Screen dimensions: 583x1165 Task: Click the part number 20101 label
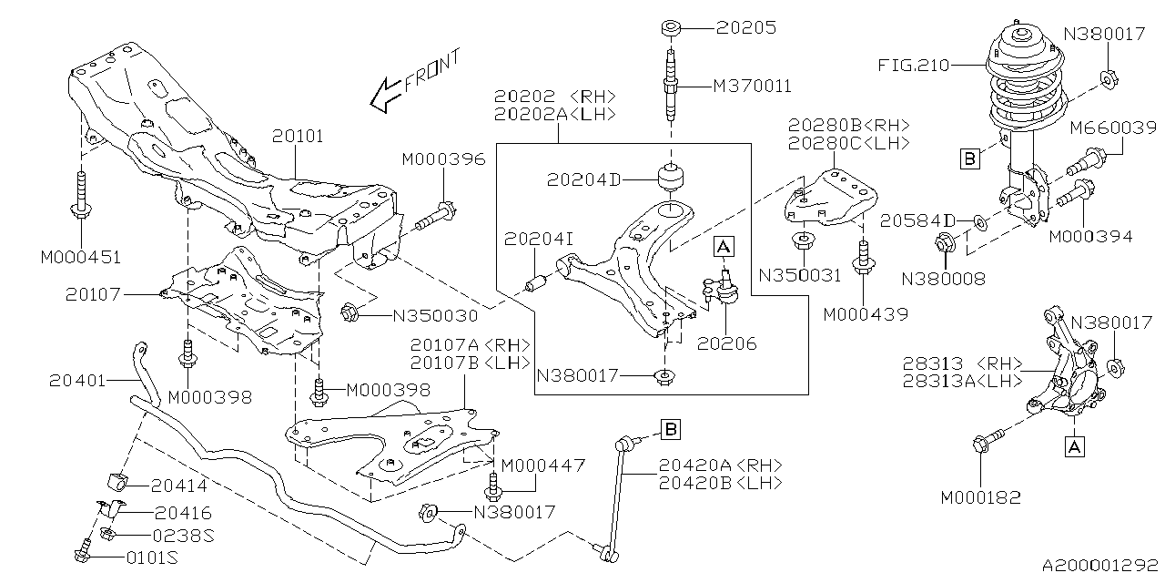(x=298, y=137)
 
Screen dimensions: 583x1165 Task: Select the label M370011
(x=752, y=87)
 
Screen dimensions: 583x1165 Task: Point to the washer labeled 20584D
(x=978, y=221)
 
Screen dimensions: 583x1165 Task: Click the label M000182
(x=981, y=497)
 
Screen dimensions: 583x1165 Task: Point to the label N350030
(x=435, y=316)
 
